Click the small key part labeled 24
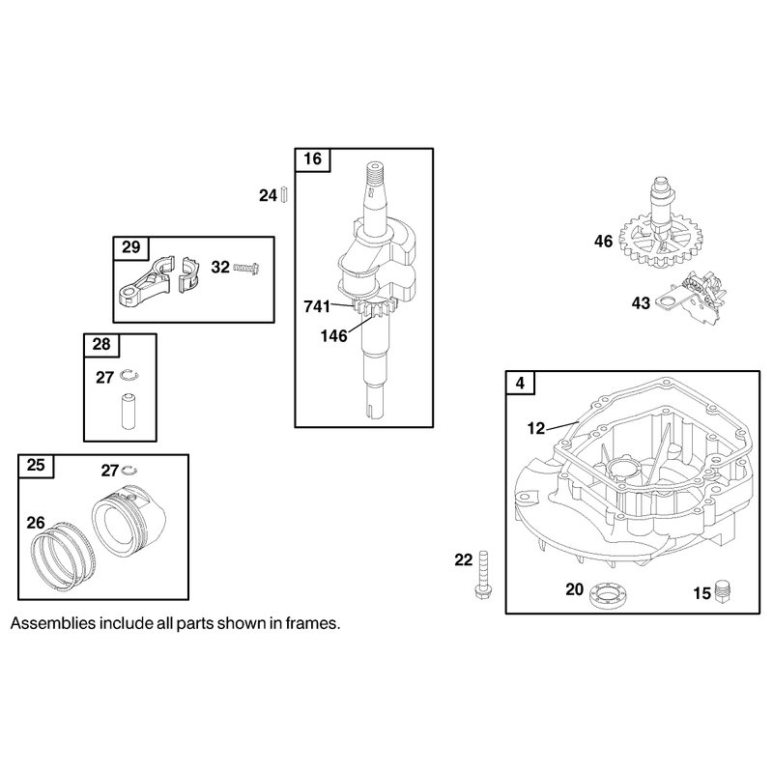(283, 194)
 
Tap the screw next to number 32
(246, 269)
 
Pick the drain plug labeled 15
(722, 591)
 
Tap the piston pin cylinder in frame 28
(129, 411)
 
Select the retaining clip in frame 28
(130, 376)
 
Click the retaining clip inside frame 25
(129, 470)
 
